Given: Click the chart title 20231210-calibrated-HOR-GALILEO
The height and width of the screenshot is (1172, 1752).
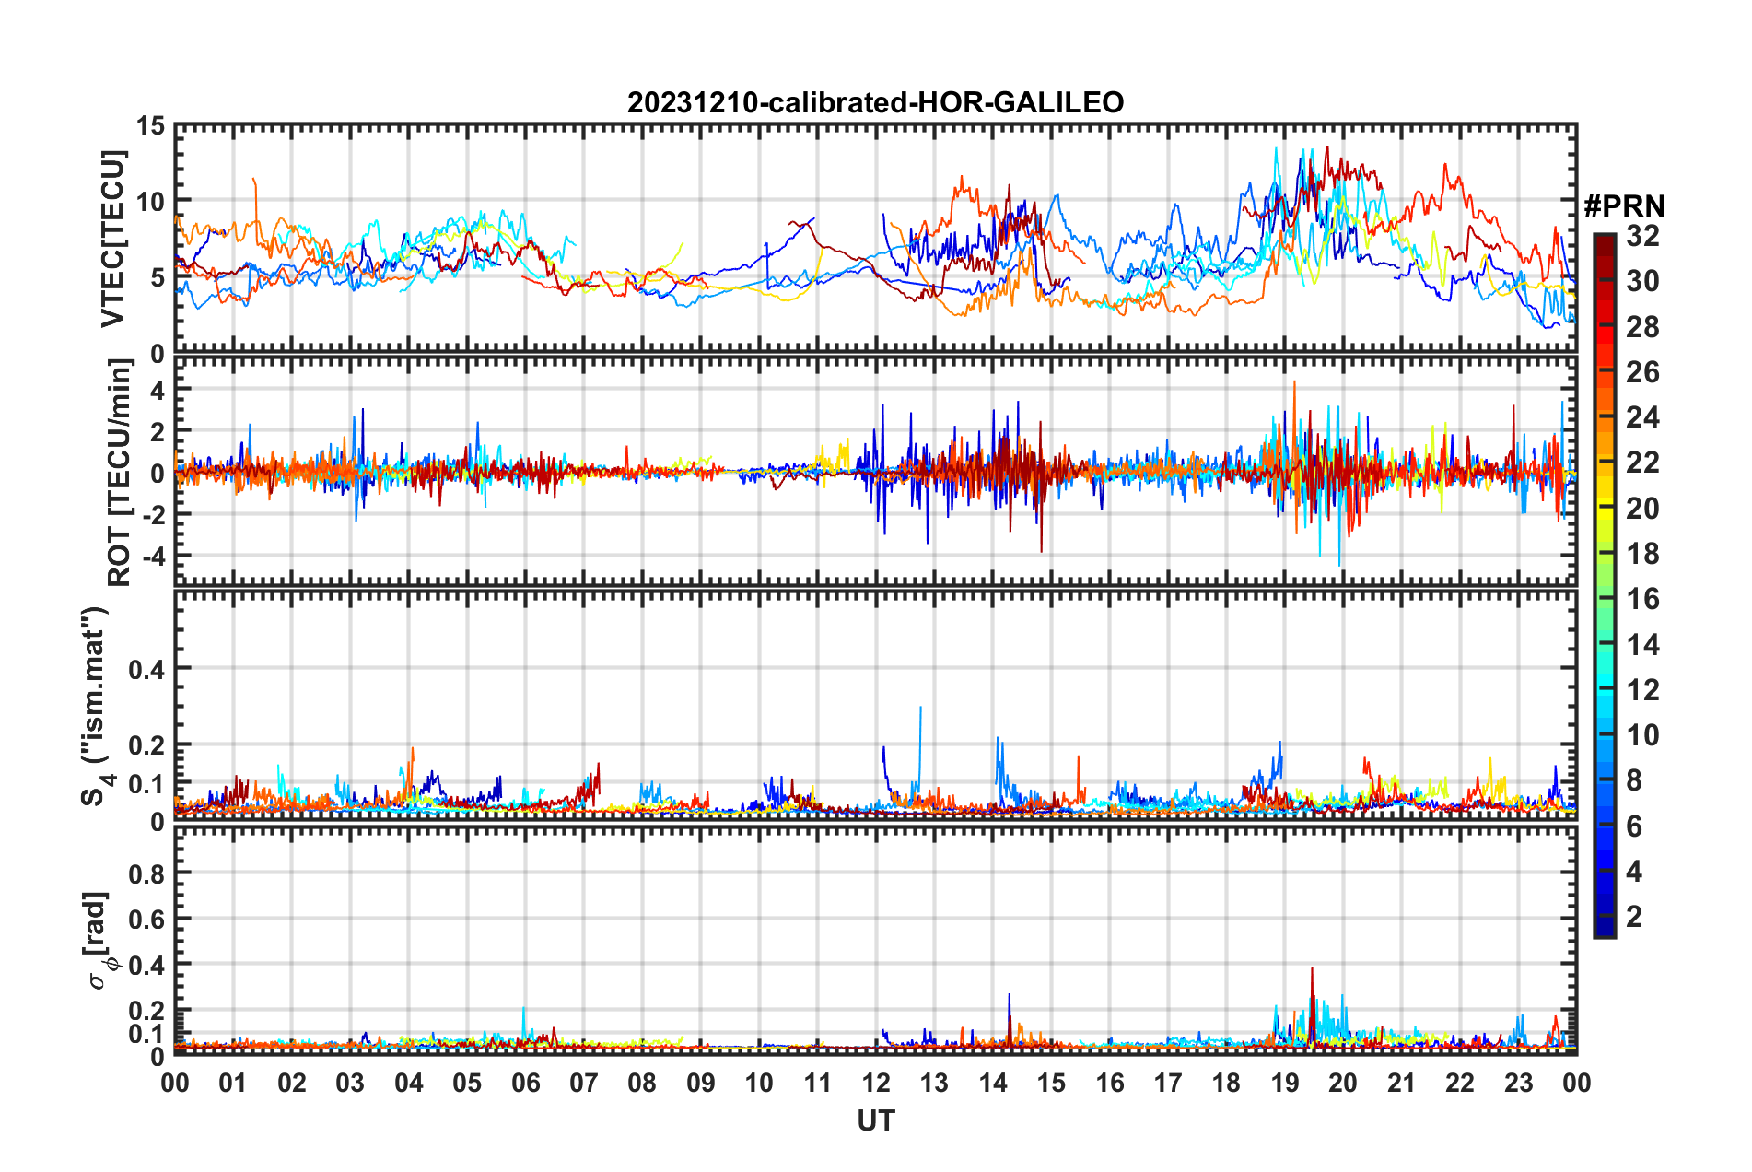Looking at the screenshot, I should point(875,102).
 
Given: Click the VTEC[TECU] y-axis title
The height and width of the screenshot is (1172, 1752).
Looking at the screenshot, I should point(112,239).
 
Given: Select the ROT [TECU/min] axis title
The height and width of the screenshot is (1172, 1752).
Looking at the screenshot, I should point(119,473).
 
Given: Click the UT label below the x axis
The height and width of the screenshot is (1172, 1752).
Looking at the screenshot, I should point(875,1121).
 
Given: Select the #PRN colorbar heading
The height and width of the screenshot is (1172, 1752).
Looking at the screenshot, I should point(1624,206).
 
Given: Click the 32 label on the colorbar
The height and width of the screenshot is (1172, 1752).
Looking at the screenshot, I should point(1642,236).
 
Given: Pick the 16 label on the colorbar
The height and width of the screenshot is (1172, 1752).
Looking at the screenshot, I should point(1642,600).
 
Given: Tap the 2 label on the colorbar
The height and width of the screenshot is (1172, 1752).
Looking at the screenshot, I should point(1634,917).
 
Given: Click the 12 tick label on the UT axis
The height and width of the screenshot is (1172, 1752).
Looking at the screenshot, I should point(876,1083).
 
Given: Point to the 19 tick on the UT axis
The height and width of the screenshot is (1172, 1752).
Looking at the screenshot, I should point(1285,1083).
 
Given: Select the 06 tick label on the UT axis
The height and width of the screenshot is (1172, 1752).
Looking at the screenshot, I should point(525,1083).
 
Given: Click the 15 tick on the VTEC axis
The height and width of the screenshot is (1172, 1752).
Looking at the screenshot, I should point(150,126).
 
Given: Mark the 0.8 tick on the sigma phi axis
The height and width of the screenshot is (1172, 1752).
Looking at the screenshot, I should point(147,873).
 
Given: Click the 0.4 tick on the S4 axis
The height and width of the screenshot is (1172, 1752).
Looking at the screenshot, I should point(147,669).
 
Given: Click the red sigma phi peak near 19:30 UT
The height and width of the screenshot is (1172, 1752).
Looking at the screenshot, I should point(1312,969).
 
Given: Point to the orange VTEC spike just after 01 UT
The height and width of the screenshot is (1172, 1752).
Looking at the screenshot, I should point(253,181).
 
